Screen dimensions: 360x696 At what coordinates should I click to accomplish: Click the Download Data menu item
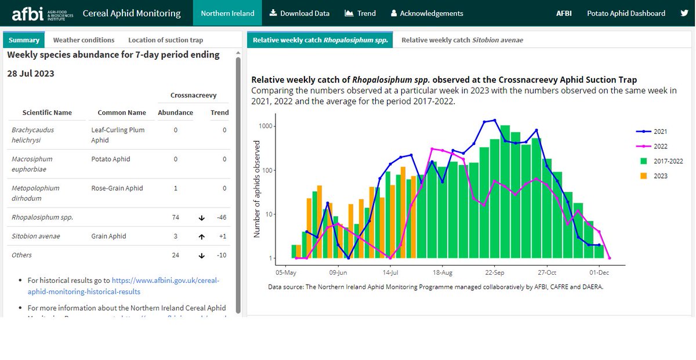pyautogui.click(x=300, y=13)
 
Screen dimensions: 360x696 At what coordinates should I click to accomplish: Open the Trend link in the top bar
pyautogui.click(x=360, y=13)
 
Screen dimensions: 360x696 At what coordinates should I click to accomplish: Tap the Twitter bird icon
pyautogui.click(x=684, y=13)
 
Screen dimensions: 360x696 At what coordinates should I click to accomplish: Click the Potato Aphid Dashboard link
pyautogui.click(x=626, y=13)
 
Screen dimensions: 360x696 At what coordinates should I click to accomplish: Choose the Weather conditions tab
pyautogui.click(x=84, y=40)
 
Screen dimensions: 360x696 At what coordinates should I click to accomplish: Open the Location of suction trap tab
pyautogui.click(x=165, y=40)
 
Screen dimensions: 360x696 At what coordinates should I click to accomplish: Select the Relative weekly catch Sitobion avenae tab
pyautogui.click(x=462, y=40)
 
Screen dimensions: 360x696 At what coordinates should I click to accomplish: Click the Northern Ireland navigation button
pyautogui.click(x=227, y=13)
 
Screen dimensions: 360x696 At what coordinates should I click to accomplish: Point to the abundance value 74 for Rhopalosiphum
pyautogui.click(x=175, y=217)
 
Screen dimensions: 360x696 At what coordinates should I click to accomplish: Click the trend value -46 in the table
pyautogui.click(x=220, y=217)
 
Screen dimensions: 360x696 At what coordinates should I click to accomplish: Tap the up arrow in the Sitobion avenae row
pyautogui.click(x=202, y=237)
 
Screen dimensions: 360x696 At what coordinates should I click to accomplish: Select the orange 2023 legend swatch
pyautogui.click(x=644, y=176)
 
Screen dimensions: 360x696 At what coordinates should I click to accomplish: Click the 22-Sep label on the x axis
pyautogui.click(x=494, y=272)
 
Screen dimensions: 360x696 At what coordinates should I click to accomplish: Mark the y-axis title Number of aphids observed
pyautogui.click(x=256, y=189)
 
